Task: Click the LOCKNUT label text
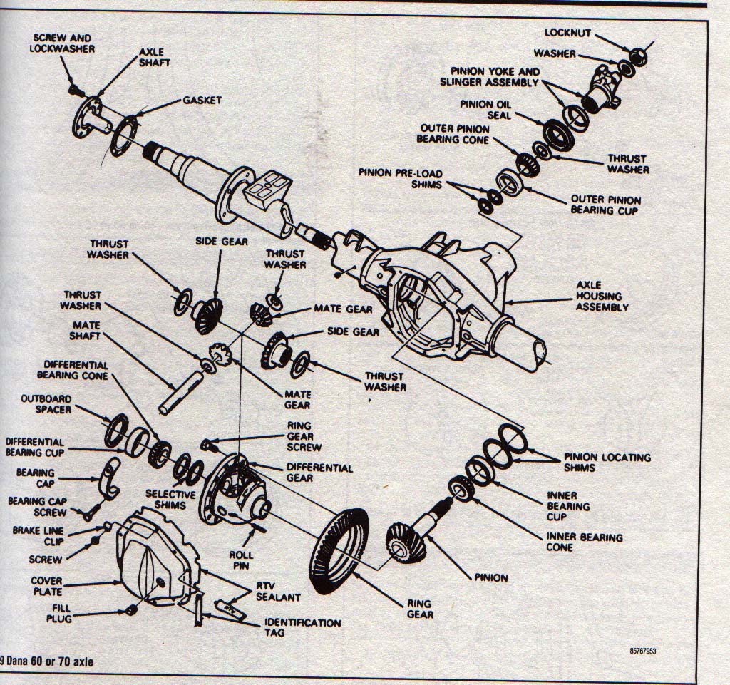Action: pos(567,33)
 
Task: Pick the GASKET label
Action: pos(202,101)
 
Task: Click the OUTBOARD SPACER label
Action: pos(46,404)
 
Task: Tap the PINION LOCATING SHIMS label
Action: pos(607,463)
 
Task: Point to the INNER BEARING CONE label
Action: pos(584,542)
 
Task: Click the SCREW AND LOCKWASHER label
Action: pos(63,42)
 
